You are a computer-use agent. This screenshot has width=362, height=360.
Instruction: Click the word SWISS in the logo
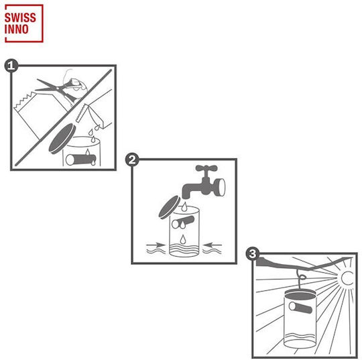(20, 18)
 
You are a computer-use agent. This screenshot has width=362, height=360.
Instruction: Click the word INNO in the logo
(16, 29)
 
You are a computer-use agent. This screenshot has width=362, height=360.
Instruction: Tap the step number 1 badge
(11, 66)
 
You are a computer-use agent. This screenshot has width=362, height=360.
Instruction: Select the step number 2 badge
(132, 160)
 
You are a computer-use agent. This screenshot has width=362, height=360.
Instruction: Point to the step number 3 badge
(253, 253)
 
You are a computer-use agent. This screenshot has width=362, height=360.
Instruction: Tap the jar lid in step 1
(62, 139)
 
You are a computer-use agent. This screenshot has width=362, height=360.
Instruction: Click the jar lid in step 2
(170, 207)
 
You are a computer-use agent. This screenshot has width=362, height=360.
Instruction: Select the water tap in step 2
(204, 182)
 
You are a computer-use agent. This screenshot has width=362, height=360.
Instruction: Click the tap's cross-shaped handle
(206, 168)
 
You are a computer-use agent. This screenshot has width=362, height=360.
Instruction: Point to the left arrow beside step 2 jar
(156, 245)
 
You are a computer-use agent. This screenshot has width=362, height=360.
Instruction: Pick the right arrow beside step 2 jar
(213, 245)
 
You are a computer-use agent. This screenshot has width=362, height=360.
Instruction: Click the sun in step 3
(347, 278)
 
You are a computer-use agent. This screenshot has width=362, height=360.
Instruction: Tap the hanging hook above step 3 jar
(300, 279)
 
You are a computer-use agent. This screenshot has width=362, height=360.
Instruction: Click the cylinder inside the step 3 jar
(300, 308)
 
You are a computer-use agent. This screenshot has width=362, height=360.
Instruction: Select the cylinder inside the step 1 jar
(81, 160)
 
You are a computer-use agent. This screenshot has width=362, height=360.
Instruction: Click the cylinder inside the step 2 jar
(183, 223)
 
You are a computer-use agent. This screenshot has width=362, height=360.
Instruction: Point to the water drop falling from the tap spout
(184, 206)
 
